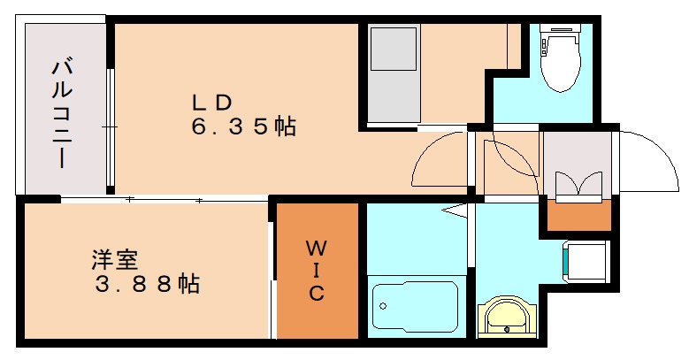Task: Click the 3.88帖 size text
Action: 147,284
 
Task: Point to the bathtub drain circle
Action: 383,307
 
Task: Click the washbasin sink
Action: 506,317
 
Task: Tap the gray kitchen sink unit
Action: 393,75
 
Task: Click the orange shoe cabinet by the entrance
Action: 578,214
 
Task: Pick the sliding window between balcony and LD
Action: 111,128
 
